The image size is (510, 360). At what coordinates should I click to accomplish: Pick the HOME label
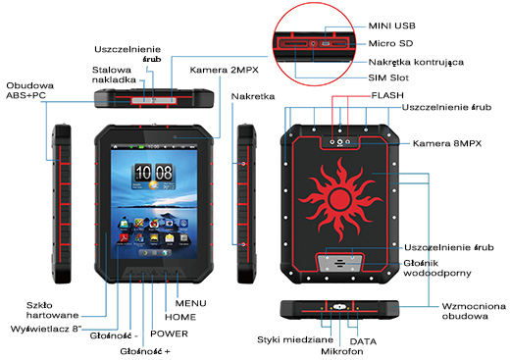[x=179, y=317]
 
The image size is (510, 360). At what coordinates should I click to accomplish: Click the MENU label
[x=189, y=302]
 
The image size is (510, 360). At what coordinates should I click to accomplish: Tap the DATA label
[x=363, y=338]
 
